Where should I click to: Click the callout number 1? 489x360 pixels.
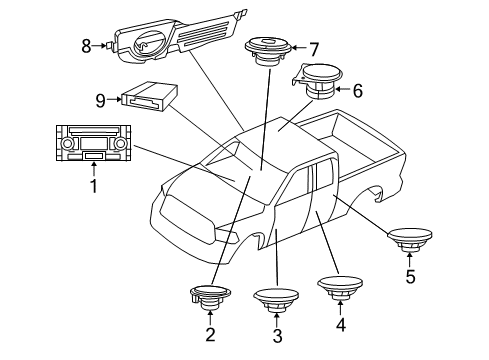pyautogui.click(x=94, y=185)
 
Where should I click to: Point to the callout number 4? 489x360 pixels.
pyautogui.click(x=340, y=323)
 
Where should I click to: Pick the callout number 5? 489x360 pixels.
pyautogui.click(x=408, y=276)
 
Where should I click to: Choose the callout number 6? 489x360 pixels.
pyautogui.click(x=358, y=90)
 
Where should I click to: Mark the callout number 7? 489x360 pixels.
pyautogui.click(x=313, y=48)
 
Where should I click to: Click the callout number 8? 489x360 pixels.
pyautogui.click(x=86, y=44)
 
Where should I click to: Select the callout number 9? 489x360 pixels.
pyautogui.click(x=99, y=99)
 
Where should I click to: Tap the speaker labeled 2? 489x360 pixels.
pyautogui.click(x=209, y=296)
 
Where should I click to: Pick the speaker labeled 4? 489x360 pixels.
pyautogui.click(x=340, y=288)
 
